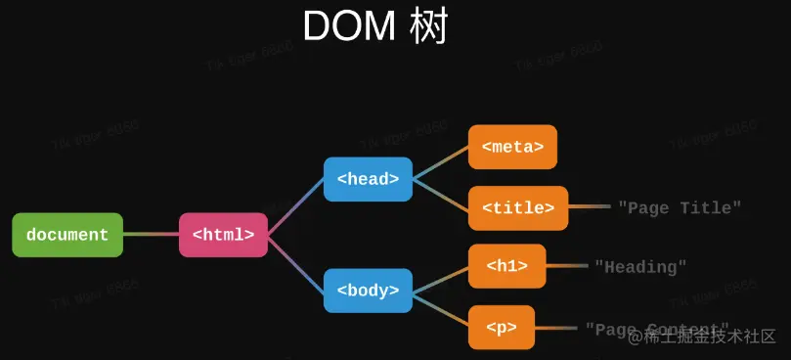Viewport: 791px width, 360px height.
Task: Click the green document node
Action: pos(67,235)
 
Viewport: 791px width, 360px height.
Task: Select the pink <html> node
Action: pos(223,235)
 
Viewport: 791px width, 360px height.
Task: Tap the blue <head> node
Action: pos(368,179)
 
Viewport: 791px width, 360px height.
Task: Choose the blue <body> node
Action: pos(368,290)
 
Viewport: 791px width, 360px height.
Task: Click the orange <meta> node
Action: pos(512,148)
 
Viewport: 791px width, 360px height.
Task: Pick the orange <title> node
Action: pos(518,207)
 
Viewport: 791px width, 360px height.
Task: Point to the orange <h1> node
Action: pos(506,266)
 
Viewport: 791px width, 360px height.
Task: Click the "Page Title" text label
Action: pos(680,207)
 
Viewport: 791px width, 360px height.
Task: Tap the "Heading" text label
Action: pos(640,266)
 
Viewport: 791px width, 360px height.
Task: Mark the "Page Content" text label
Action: pos(657,328)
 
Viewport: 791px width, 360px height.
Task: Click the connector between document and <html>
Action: pos(152,235)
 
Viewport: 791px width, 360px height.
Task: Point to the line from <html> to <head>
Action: pos(296,206)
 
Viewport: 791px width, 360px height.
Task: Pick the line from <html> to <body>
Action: pos(296,263)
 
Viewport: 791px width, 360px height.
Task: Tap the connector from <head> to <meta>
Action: pos(441,163)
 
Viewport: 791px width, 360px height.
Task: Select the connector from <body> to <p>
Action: pos(441,307)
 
